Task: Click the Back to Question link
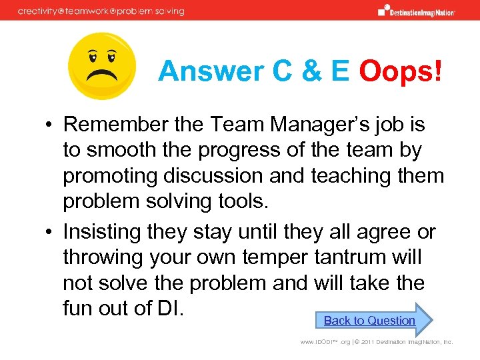pos(369,321)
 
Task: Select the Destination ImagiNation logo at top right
pos(417,11)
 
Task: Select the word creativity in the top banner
pos(39,11)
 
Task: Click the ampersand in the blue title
pos(296,71)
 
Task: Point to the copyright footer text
pos(376,342)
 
